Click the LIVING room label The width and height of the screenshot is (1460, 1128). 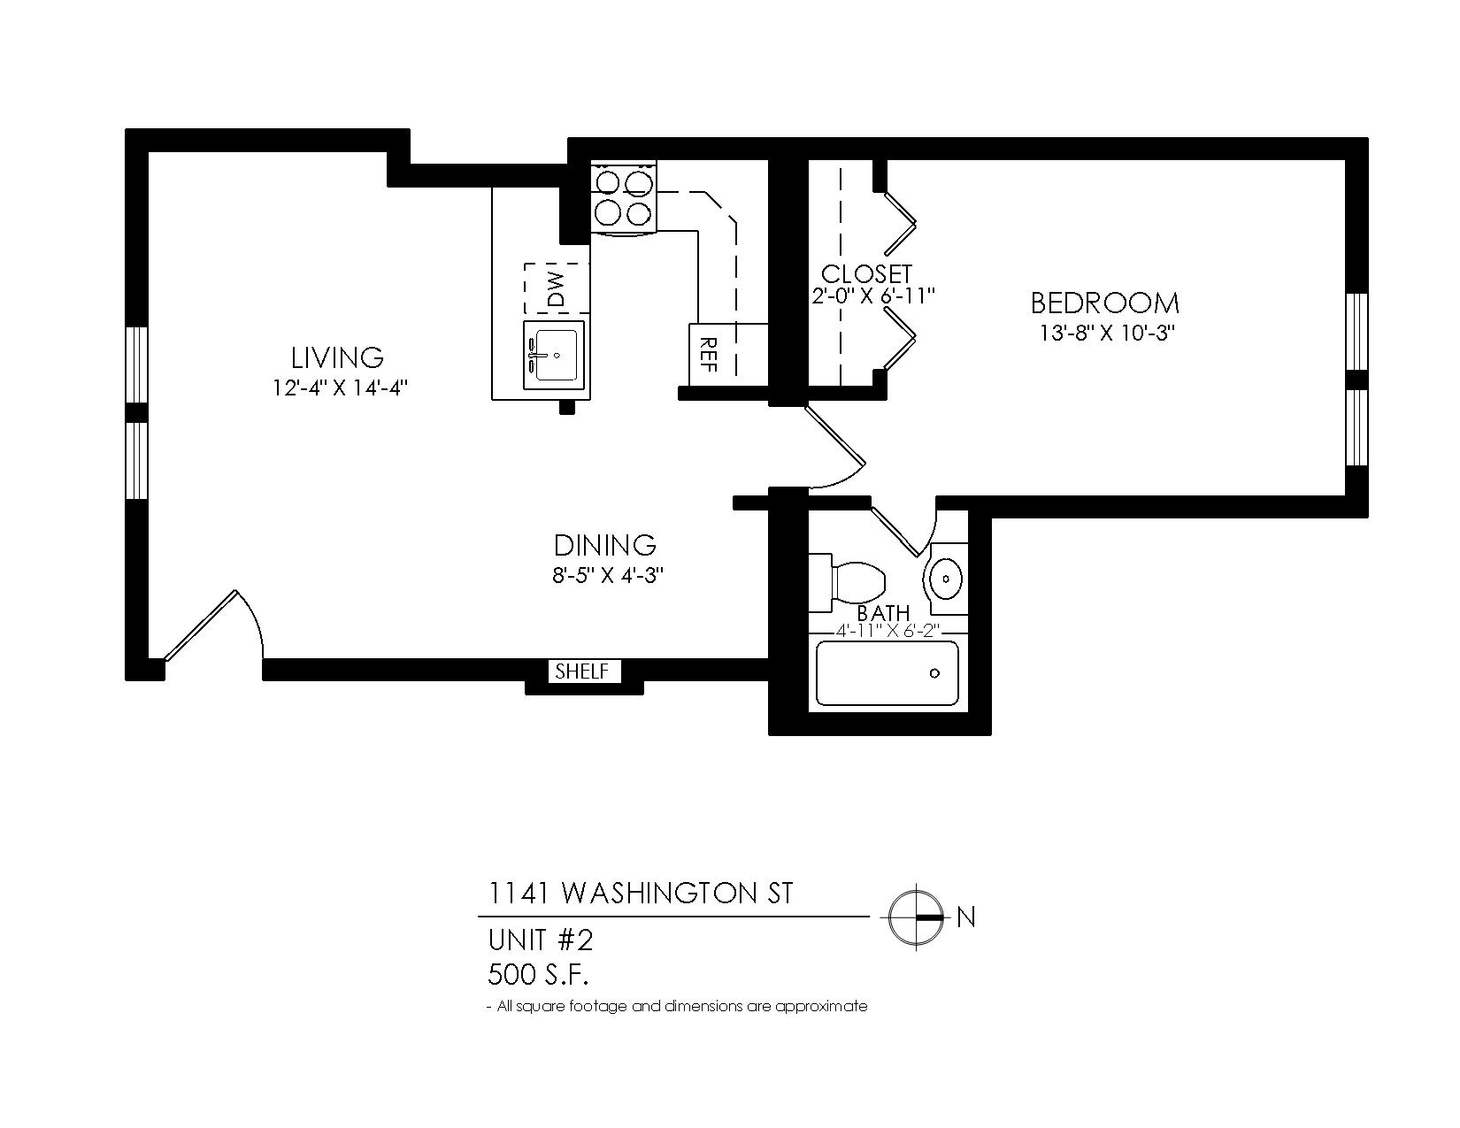(337, 357)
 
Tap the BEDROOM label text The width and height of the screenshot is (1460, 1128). (1104, 303)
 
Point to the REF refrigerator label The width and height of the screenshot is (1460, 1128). (707, 354)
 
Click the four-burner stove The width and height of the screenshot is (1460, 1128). (624, 197)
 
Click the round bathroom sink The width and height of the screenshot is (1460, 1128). (946, 579)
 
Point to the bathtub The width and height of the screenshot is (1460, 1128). (887, 673)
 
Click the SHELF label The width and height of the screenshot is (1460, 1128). (581, 671)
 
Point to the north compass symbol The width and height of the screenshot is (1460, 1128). (917, 917)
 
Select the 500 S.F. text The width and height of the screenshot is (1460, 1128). (538, 975)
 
